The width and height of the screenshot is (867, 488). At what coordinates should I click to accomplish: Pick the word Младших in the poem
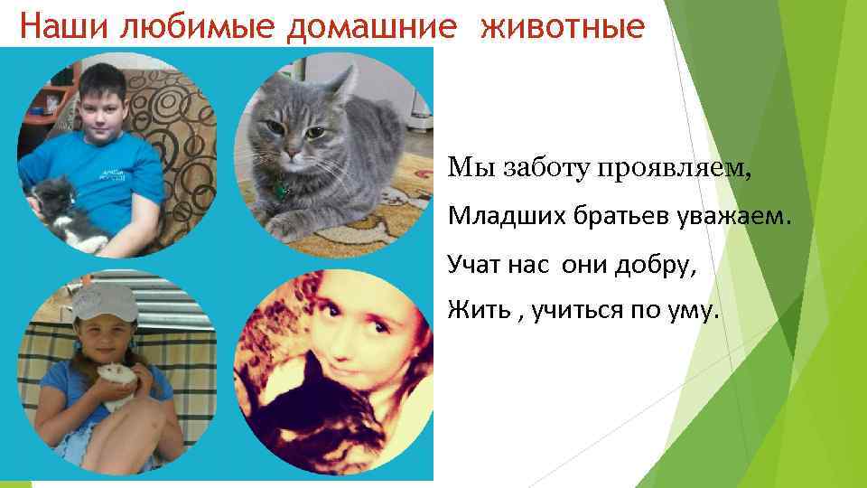coord(494,216)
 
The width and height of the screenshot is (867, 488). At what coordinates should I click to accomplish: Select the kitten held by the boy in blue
coord(63,208)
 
